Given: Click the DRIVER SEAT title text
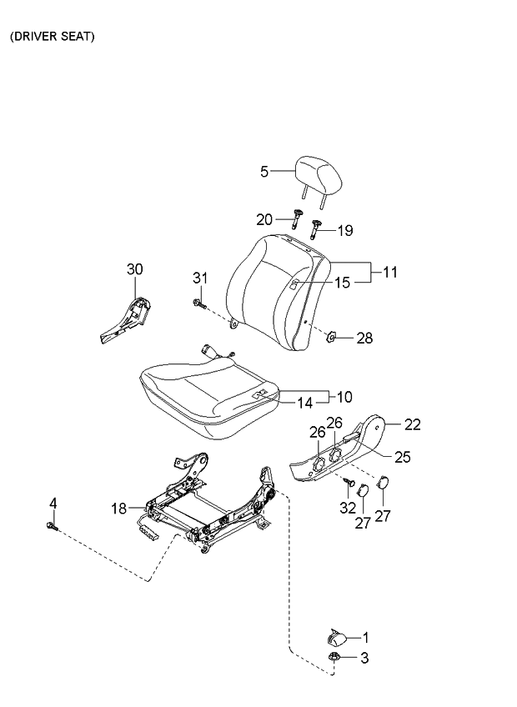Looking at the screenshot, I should (x=53, y=38).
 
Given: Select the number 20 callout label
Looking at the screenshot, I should (x=264, y=220).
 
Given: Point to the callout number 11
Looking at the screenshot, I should (x=390, y=273).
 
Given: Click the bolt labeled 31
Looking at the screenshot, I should (x=198, y=303).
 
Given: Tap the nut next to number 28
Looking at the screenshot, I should (x=329, y=338).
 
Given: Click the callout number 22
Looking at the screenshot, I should (x=413, y=424).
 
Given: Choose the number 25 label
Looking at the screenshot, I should (x=403, y=457).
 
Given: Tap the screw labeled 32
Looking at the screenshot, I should (x=349, y=482).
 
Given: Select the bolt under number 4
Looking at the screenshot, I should (x=53, y=526).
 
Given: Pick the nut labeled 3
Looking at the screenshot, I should (x=334, y=658).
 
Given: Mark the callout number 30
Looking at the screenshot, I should (x=134, y=268).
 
